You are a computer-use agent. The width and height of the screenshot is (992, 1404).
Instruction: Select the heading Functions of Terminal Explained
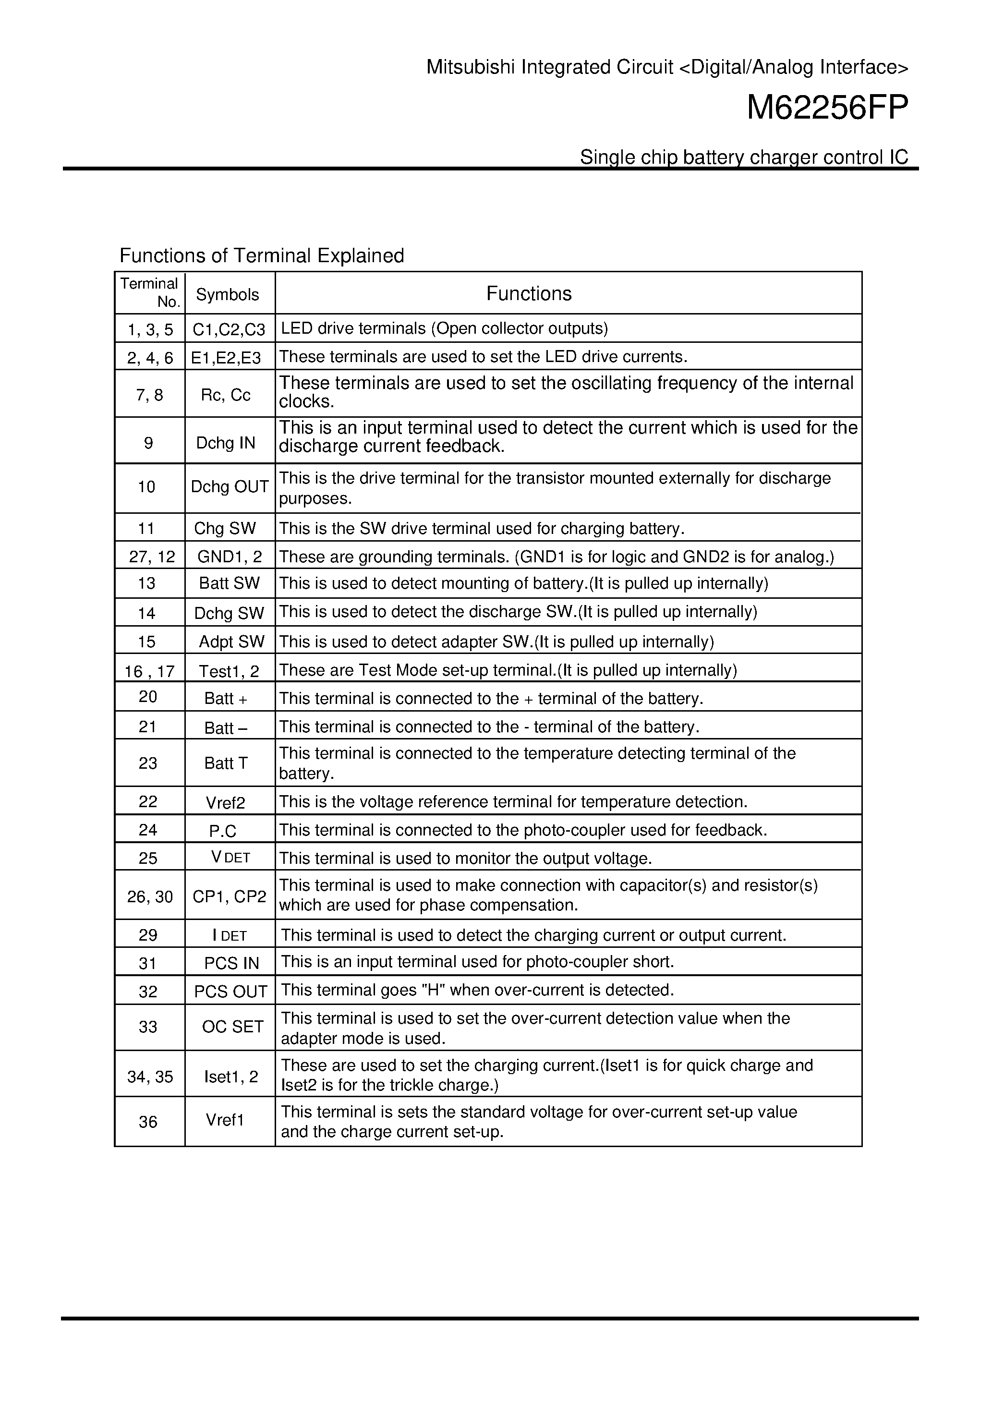262,255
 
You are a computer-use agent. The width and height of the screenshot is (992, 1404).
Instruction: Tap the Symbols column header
228,295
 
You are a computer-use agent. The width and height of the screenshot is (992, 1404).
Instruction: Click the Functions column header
529,293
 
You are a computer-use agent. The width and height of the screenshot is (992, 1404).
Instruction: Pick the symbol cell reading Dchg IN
226,443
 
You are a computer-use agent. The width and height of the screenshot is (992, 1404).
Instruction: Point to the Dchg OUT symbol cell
230,487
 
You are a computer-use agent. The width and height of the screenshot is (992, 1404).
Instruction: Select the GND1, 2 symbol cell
230,557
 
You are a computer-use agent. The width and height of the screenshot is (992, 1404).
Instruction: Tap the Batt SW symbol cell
230,583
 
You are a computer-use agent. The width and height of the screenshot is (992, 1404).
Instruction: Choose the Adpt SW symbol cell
231,641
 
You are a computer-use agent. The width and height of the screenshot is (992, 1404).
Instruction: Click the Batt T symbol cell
226,763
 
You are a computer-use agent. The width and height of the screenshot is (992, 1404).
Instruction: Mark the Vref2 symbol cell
225,802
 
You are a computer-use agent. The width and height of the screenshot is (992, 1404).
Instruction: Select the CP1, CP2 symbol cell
230,896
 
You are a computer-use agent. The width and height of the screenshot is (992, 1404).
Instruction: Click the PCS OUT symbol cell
230,991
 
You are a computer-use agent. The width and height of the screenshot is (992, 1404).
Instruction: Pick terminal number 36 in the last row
148,1122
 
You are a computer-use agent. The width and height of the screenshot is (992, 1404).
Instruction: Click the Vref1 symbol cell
225,1120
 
